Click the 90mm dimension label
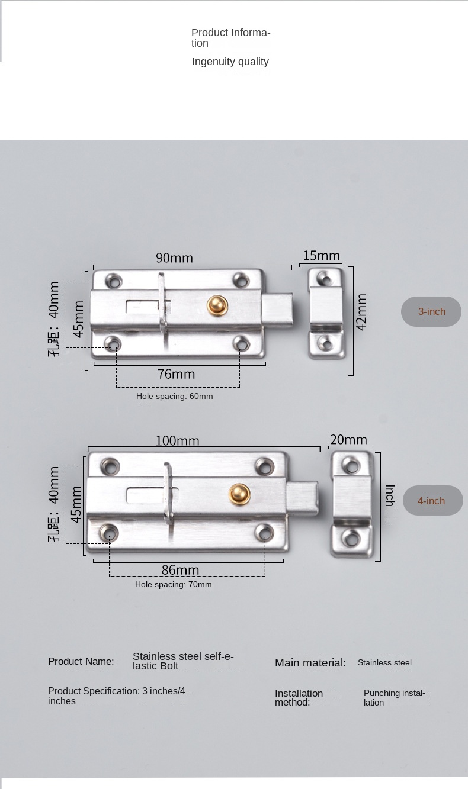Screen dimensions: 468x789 click(x=174, y=258)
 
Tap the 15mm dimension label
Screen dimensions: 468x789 click(x=322, y=256)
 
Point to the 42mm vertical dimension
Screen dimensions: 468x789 click(x=361, y=312)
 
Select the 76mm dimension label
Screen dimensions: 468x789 click(x=176, y=374)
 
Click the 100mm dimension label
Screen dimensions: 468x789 click(x=178, y=440)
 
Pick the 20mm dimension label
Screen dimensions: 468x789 click(x=348, y=440)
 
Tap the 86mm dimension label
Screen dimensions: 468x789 click(x=181, y=570)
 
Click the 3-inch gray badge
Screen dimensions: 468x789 click(x=431, y=311)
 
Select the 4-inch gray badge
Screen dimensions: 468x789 click(x=433, y=501)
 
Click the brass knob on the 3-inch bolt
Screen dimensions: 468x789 click(x=217, y=305)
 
